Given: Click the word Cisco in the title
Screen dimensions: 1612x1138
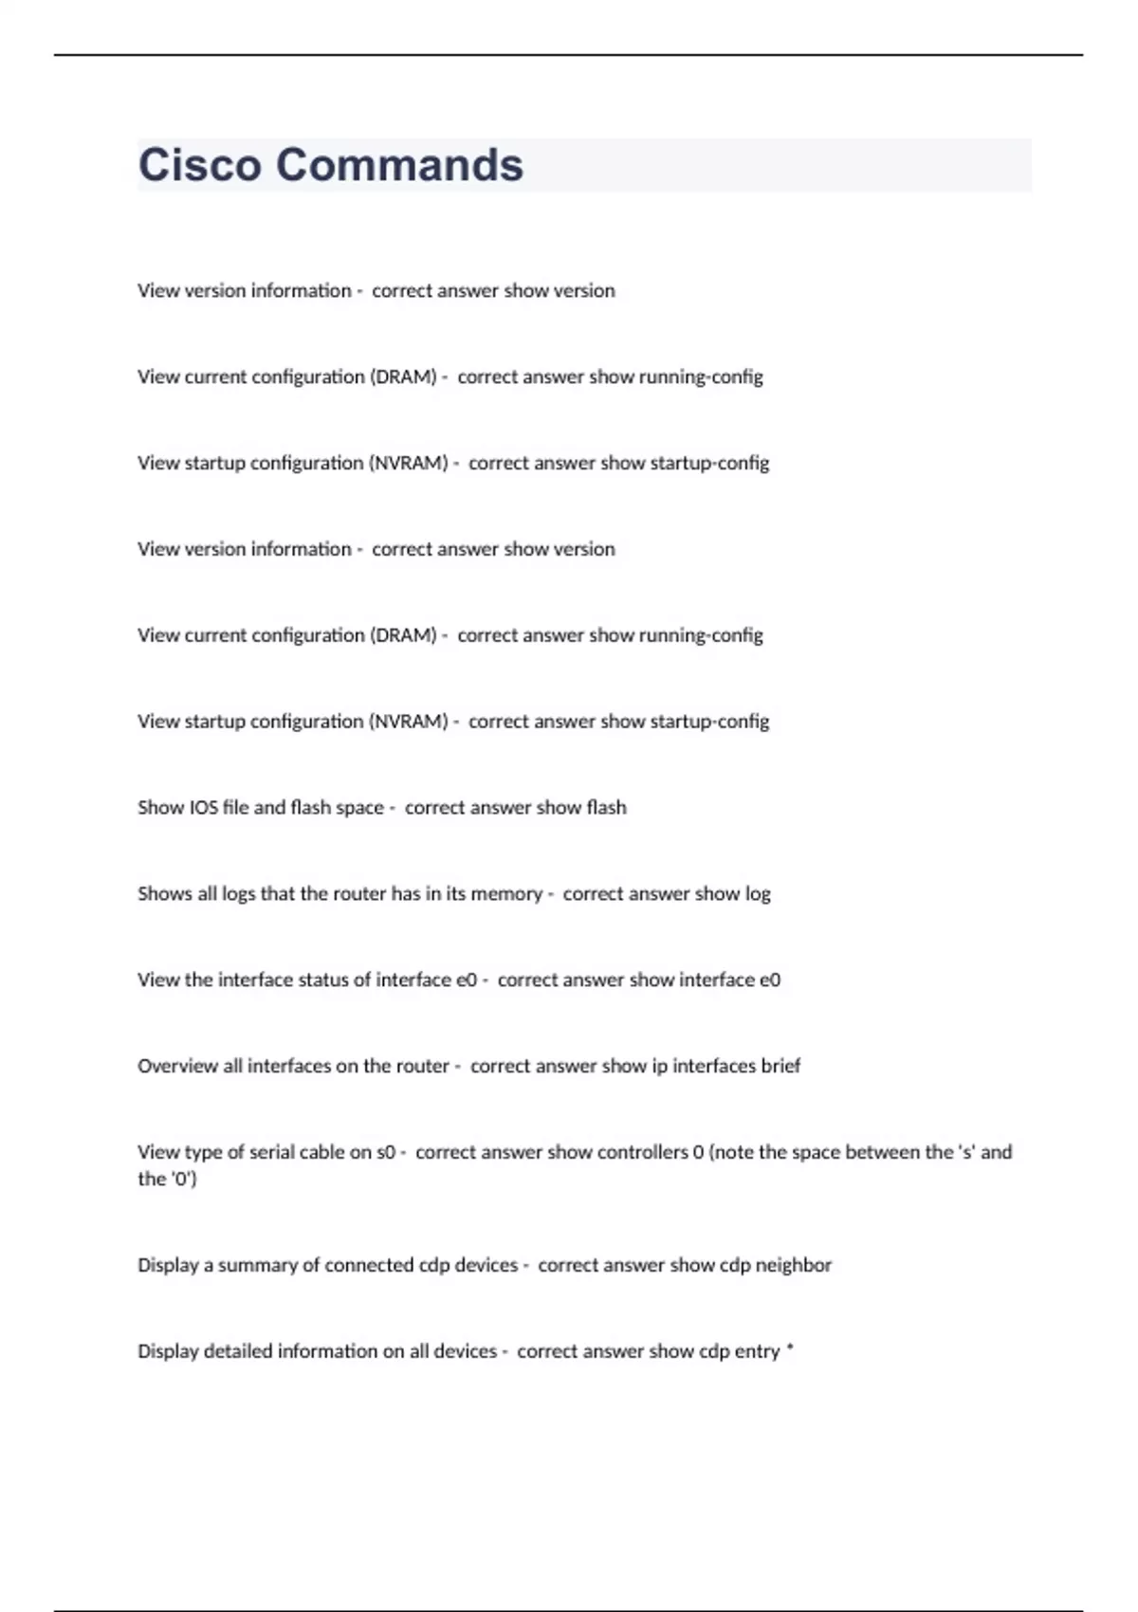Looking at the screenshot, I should click(199, 165).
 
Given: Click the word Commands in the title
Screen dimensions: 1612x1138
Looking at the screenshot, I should click(399, 165).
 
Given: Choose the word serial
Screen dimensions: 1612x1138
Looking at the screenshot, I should click(270, 1152).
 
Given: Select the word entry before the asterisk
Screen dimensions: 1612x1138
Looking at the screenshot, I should click(757, 1351).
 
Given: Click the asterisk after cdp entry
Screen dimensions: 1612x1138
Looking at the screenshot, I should click(790, 1348).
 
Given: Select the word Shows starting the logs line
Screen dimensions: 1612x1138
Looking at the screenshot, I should click(164, 894).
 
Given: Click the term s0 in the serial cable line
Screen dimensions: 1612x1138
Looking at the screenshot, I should click(385, 1152).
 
